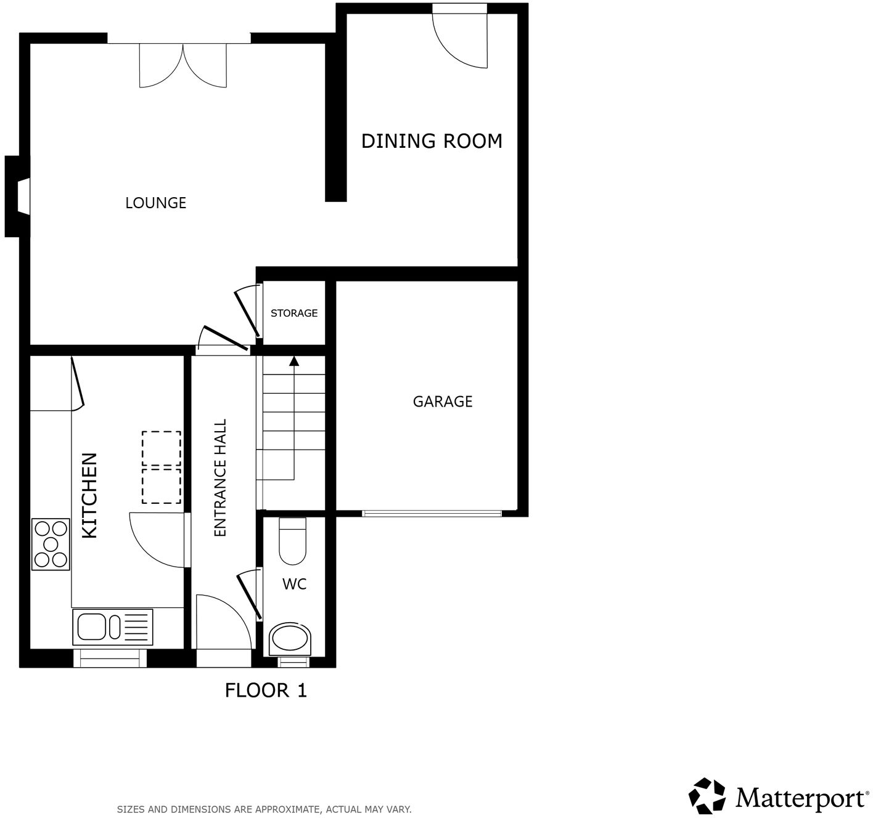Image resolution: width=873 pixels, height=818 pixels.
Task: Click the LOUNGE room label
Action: [x=155, y=203]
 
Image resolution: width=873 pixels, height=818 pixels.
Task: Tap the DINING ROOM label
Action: [x=432, y=141]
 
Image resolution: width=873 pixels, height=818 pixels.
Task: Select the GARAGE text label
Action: [x=442, y=402]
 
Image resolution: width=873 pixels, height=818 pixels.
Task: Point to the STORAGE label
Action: [x=294, y=313]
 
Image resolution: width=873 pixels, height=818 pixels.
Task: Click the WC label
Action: [x=294, y=584]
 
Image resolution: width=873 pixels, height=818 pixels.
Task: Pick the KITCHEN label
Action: [x=90, y=495]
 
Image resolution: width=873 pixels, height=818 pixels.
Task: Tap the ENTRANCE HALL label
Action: [x=220, y=478]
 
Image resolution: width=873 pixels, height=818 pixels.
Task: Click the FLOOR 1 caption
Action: [x=266, y=690]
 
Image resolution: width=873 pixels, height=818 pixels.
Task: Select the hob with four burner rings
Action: [x=51, y=544]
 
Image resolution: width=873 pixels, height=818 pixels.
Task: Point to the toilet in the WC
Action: [x=292, y=541]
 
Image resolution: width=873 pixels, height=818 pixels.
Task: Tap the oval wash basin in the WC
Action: [x=291, y=639]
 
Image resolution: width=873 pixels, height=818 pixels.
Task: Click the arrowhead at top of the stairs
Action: [x=294, y=361]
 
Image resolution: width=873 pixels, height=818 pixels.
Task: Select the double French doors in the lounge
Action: [x=183, y=64]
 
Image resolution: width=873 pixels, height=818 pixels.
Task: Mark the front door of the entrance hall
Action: [x=224, y=625]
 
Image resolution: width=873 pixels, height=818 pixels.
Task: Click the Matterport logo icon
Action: [x=707, y=795]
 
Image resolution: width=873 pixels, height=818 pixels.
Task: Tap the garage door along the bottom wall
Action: [x=432, y=512]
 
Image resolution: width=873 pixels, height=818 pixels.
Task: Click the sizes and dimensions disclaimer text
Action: [x=264, y=809]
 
